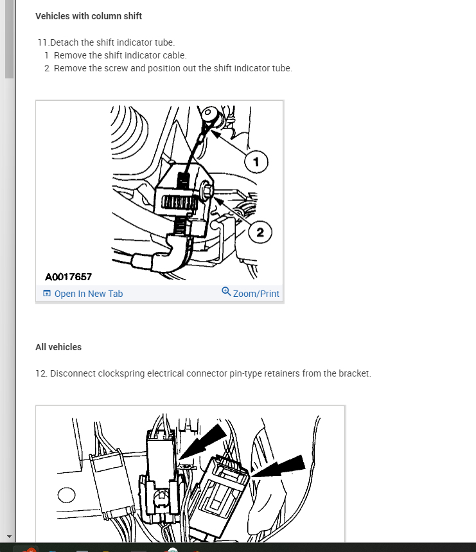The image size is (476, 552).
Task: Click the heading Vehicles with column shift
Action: click(88, 16)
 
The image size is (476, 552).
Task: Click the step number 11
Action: click(42, 42)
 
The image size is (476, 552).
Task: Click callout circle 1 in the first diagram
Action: click(256, 162)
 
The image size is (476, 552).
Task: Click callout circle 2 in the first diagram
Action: click(260, 232)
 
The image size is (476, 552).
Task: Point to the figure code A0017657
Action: click(68, 277)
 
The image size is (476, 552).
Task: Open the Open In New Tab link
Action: click(88, 294)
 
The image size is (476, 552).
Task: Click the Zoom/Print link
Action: click(256, 294)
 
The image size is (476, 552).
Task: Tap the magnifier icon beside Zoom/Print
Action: click(226, 292)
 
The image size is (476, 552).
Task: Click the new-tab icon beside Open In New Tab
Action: click(47, 293)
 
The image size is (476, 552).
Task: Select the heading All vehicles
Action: click(58, 347)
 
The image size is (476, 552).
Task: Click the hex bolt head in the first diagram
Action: click(206, 190)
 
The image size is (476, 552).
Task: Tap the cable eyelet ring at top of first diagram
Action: click(207, 112)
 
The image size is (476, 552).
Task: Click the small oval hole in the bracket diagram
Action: click(67, 495)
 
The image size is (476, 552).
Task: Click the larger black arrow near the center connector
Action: click(203, 441)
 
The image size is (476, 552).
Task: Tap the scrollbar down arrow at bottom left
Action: click(9, 537)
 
